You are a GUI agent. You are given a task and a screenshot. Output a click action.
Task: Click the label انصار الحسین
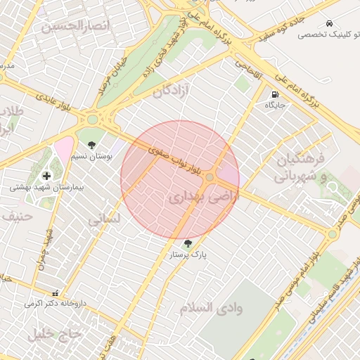pyautogui.click(x=76, y=27)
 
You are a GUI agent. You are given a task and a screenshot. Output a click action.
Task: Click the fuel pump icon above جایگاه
pyautogui.click(x=274, y=94)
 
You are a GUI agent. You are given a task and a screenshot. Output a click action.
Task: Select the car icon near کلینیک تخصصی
pyautogui.click(x=328, y=23)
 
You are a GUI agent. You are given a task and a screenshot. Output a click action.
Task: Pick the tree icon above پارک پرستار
pyautogui.click(x=186, y=244)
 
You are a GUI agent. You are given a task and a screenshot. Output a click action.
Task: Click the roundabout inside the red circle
pyautogui.click(x=210, y=176)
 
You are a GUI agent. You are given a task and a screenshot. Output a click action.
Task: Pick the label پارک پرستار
pyautogui.click(x=187, y=255)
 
